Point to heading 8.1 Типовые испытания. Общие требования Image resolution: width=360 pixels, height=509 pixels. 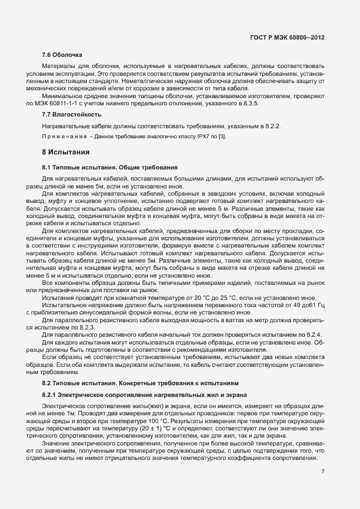pyautogui.click(x=110, y=167)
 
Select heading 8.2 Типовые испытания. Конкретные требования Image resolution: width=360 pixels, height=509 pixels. pyautogui.click(x=140, y=384)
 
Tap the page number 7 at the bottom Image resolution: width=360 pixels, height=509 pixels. pyautogui.click(x=323, y=472)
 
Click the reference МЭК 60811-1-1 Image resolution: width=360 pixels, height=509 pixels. pyautogui.click(x=65, y=104)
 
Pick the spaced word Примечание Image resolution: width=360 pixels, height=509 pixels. pyautogui.click(x=65, y=137)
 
